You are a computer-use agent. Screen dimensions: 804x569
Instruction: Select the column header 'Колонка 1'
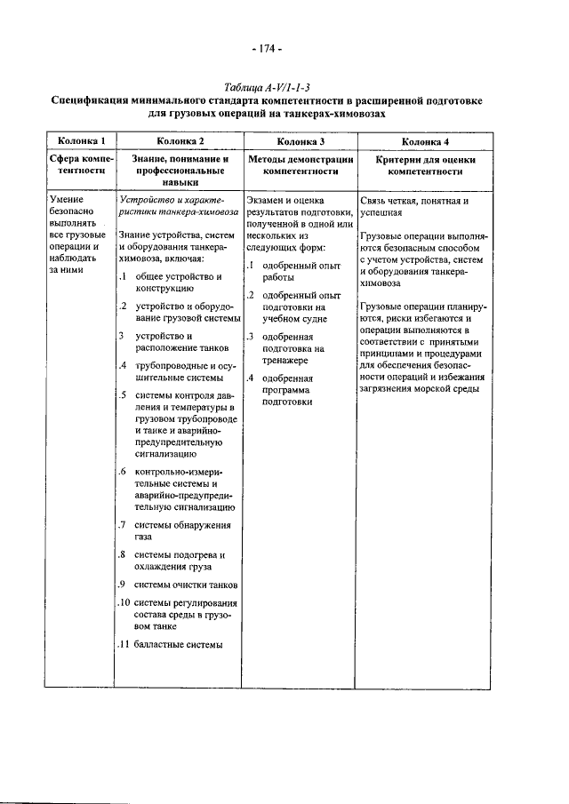(x=82, y=141)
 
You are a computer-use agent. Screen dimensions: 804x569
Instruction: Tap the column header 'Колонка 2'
(x=180, y=141)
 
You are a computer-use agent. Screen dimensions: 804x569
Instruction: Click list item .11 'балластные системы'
(x=176, y=644)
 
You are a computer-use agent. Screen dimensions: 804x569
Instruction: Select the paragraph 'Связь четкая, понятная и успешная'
(x=414, y=207)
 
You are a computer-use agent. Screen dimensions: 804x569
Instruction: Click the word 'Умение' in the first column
(x=68, y=202)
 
